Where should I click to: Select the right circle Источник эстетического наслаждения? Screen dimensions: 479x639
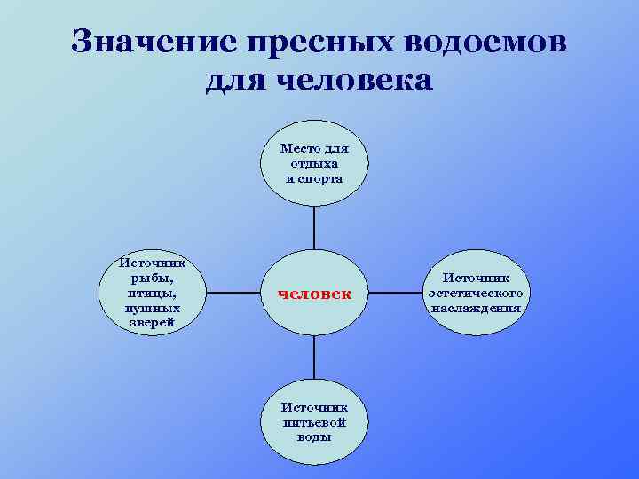click(x=477, y=292)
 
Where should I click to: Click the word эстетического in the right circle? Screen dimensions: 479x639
click(x=477, y=293)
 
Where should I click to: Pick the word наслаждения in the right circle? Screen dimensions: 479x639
click(x=477, y=308)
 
